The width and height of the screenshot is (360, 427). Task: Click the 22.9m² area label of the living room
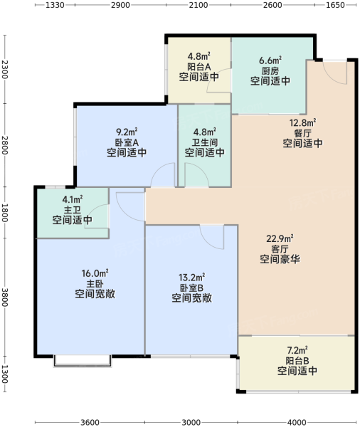point(280,239)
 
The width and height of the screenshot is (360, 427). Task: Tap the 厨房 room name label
point(270,70)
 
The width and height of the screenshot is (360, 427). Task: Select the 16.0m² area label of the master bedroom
point(95,273)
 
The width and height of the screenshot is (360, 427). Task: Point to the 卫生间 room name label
point(205,142)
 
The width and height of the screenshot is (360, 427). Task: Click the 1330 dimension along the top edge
point(55,5)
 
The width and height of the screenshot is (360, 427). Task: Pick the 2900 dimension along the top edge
point(120,5)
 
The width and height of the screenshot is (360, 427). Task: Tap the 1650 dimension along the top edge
point(336,5)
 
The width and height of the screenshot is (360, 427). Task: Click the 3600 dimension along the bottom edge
point(90,422)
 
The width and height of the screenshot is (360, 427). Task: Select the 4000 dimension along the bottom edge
point(297,422)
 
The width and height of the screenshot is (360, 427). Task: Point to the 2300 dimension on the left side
point(5,70)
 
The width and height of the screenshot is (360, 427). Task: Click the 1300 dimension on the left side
point(5,374)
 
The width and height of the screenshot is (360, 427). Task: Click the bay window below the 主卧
point(83,361)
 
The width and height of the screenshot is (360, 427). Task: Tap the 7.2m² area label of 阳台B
point(297,350)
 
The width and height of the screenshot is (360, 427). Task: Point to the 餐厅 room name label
point(302,133)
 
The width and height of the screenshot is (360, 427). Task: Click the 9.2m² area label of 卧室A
point(127,132)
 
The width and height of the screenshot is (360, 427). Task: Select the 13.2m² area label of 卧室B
point(191,278)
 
